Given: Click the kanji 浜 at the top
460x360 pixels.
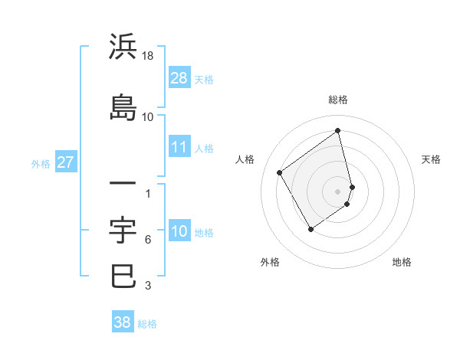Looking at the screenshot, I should [123, 47].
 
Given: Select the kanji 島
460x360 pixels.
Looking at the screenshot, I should [123, 106].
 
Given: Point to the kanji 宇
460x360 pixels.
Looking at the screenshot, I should [123, 230].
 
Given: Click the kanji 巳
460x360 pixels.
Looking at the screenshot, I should [123, 276].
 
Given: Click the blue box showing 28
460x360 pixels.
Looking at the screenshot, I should [179, 78].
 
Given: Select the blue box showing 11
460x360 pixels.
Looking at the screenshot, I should [179, 147].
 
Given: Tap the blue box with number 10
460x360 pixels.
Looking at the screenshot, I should [179, 232].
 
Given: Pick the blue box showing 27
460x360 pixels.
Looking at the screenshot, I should [65, 162].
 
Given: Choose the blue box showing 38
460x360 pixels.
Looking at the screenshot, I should [123, 322].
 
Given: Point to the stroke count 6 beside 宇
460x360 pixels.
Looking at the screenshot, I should [148, 240].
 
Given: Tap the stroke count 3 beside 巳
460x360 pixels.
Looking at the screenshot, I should [148, 286].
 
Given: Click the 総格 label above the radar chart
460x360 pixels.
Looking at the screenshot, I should [338, 100].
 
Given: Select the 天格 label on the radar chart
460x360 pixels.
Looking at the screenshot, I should [431, 159].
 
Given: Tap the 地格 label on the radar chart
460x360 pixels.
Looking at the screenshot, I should [402, 263].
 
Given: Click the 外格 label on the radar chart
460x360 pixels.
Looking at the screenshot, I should [270, 263].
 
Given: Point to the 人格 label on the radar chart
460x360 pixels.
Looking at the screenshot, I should [245, 159].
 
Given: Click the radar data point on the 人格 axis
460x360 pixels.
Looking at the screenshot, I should [280, 172].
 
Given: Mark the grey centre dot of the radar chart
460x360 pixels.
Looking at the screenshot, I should [338, 191].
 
